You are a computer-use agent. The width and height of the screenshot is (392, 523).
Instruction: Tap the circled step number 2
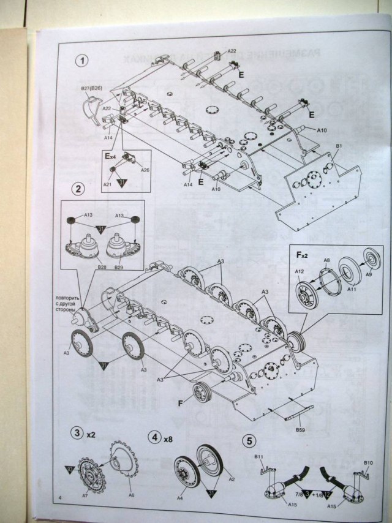click(78, 189)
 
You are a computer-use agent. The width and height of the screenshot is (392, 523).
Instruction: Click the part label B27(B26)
click(92, 89)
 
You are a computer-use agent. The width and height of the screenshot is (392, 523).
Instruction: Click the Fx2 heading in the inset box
click(303, 253)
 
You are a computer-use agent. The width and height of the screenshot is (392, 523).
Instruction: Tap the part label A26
click(145, 170)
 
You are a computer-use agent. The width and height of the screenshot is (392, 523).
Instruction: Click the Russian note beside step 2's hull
click(71, 299)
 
